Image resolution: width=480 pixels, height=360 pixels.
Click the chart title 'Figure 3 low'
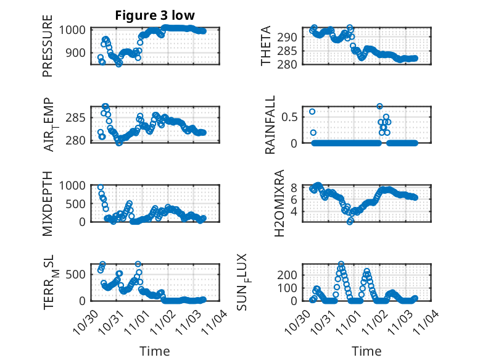coord(151,15)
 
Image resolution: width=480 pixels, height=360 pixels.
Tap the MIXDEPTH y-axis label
coord(48,203)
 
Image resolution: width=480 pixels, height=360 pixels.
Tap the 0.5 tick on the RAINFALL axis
coord(291,116)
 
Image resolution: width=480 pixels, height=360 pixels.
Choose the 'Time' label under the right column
coord(366,351)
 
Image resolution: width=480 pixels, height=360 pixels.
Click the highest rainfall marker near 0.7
coord(380,106)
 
